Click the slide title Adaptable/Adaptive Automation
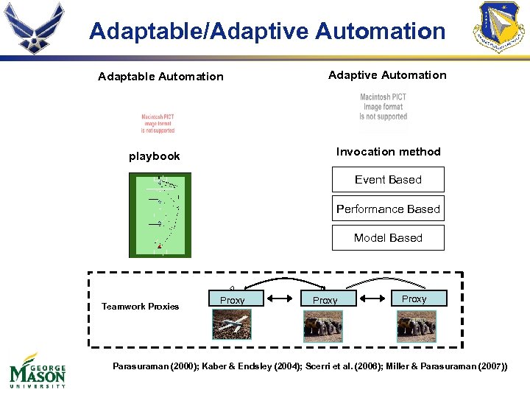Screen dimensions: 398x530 [x=267, y=32]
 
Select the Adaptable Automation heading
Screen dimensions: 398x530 [x=160, y=77]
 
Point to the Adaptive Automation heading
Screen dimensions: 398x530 [x=387, y=75]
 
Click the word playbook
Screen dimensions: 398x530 [x=154, y=156]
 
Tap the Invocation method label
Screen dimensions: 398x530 [x=388, y=152]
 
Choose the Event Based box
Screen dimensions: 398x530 [x=388, y=180]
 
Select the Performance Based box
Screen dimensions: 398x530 [x=388, y=209]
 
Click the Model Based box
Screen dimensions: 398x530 [x=388, y=238]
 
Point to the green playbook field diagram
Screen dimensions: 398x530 [x=160, y=215]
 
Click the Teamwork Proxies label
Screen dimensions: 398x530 [x=140, y=307]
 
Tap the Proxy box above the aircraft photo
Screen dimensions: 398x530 [x=232, y=300]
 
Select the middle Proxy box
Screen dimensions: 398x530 [x=325, y=300]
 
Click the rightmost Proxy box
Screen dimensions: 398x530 [x=414, y=298]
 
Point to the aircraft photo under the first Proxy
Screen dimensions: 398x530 [x=232, y=324]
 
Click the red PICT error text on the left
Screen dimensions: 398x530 [x=158, y=124]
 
